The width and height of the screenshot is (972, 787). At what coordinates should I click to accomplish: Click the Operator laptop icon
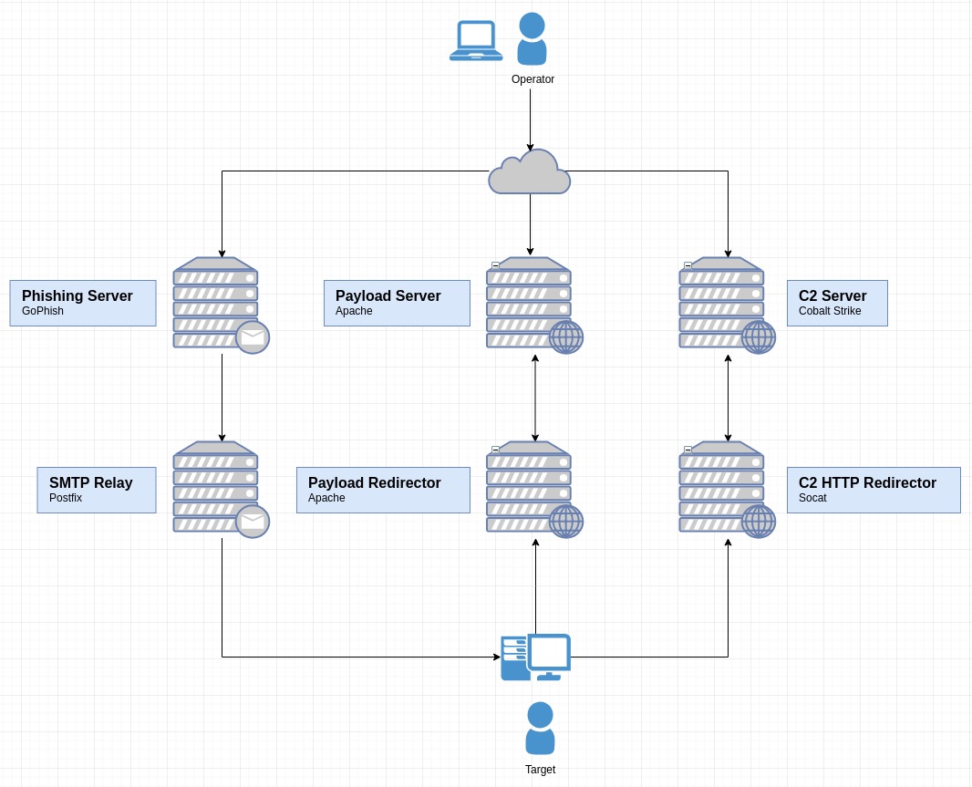click(476, 41)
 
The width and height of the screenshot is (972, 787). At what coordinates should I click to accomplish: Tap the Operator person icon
click(532, 39)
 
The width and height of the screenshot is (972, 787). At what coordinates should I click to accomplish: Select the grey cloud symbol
click(530, 172)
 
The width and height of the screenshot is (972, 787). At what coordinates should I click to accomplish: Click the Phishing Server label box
click(83, 303)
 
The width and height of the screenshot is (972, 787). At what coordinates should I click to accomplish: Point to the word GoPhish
click(43, 311)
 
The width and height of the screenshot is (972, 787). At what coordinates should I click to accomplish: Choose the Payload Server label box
click(397, 303)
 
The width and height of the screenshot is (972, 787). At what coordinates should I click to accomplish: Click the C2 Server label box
click(837, 303)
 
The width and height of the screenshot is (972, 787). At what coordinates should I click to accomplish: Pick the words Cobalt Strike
click(830, 311)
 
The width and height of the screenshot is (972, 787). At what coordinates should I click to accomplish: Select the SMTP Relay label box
click(97, 490)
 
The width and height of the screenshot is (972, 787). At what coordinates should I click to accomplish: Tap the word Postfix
click(66, 498)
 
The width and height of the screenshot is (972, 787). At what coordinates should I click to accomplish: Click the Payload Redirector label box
click(383, 490)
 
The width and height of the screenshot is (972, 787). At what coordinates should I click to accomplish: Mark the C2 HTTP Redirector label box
click(874, 490)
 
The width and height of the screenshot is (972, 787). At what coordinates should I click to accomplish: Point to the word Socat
click(812, 498)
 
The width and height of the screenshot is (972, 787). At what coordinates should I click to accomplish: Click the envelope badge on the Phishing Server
click(253, 337)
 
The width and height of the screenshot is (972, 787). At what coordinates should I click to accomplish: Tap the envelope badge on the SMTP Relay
click(253, 522)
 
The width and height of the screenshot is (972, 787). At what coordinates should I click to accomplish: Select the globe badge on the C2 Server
click(759, 337)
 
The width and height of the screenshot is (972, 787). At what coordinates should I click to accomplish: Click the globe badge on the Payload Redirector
click(566, 522)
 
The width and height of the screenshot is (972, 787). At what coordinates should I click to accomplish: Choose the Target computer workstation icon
click(536, 658)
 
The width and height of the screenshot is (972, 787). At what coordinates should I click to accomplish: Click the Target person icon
click(540, 728)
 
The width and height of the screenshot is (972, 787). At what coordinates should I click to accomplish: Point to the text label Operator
click(533, 79)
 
